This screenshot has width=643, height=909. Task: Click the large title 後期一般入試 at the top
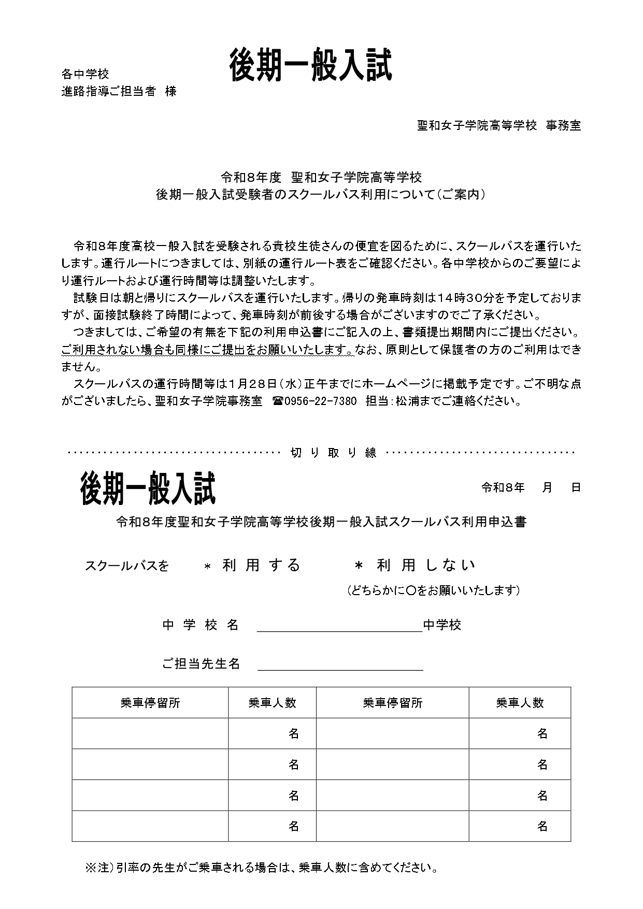point(310,66)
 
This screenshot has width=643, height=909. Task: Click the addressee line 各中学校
point(85,74)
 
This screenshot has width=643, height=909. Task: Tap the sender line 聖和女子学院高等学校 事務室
point(499,125)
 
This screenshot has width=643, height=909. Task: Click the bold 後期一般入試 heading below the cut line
point(148,489)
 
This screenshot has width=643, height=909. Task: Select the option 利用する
point(261,565)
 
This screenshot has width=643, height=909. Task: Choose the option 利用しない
point(425,565)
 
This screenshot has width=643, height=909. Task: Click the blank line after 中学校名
point(340,627)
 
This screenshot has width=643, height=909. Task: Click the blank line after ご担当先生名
point(340,665)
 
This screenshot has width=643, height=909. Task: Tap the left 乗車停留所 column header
point(150,703)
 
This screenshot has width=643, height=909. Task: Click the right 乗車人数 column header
point(520,703)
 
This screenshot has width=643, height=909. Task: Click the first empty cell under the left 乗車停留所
point(150,733)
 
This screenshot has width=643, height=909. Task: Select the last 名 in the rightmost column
point(542,826)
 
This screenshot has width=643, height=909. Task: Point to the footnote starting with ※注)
point(261,867)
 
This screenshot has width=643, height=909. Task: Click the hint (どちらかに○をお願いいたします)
point(433,590)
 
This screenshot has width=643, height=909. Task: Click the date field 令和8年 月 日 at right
point(531,487)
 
